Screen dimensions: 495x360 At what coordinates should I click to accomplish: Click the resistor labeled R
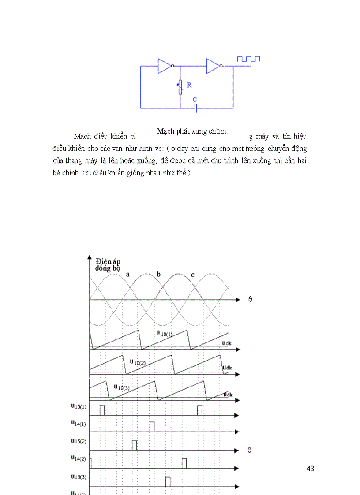coord(180,87)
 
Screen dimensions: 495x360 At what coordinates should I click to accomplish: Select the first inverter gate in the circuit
coord(165,66)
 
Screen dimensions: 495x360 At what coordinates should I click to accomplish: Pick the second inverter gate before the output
coord(214,66)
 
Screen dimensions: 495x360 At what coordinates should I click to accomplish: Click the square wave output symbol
coord(249,59)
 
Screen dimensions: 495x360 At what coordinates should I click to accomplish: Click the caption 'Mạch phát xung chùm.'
coord(192,131)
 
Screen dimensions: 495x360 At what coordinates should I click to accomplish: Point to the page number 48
coord(310,469)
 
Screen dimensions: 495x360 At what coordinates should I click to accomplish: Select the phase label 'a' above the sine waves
coord(128,274)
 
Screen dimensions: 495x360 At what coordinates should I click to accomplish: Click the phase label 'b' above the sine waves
coord(159,274)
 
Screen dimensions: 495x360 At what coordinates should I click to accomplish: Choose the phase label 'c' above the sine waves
coord(192,275)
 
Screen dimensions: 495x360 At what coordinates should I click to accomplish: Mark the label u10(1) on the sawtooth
coord(164,333)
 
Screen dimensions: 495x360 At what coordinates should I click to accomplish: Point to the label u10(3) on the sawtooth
coord(122,387)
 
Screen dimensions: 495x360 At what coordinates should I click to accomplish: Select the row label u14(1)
coord(78,423)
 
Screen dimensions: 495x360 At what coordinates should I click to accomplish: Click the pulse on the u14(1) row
coord(152,427)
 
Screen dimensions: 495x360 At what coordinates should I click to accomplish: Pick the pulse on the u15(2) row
coord(135,445)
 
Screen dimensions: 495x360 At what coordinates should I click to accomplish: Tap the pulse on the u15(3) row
coord(168,482)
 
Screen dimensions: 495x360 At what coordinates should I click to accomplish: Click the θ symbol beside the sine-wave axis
coord(250,299)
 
